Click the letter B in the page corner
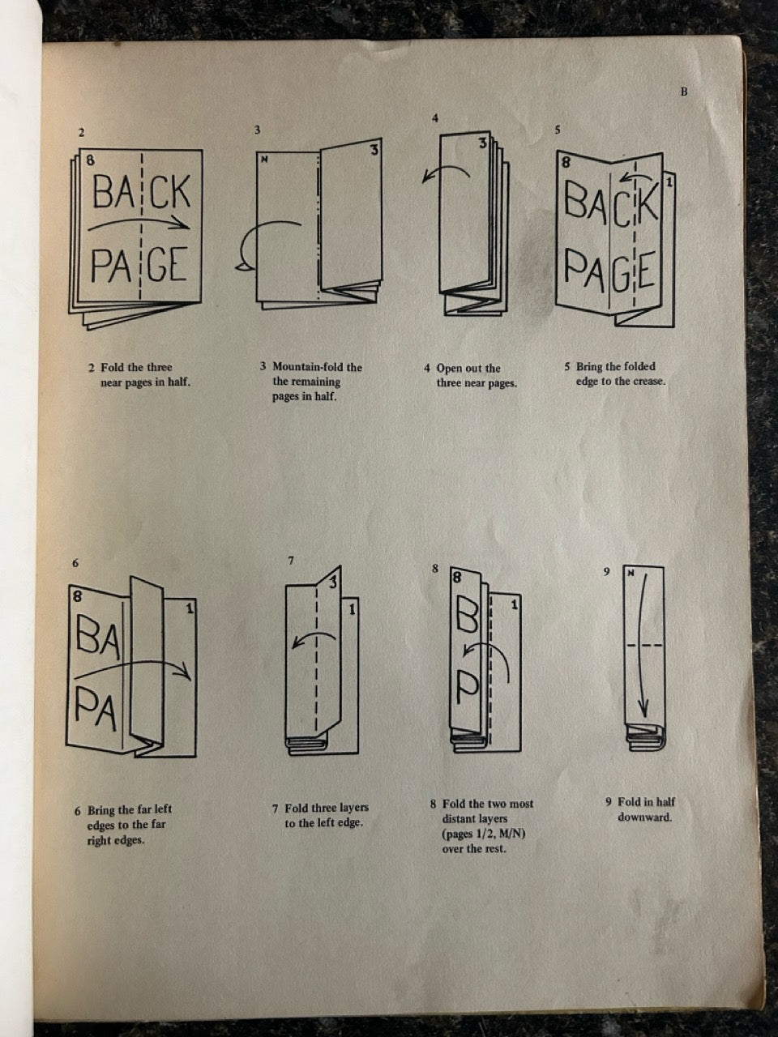pos(683,92)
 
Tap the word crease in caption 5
pos(648,381)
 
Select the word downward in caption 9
pos(644,817)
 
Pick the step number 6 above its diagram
pos(75,563)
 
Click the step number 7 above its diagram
pos(291,560)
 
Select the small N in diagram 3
pos(264,160)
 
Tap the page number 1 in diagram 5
pos(669,183)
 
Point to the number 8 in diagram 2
pos(90,160)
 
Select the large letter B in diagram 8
pos(468,619)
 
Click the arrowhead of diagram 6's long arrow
pos(187,672)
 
